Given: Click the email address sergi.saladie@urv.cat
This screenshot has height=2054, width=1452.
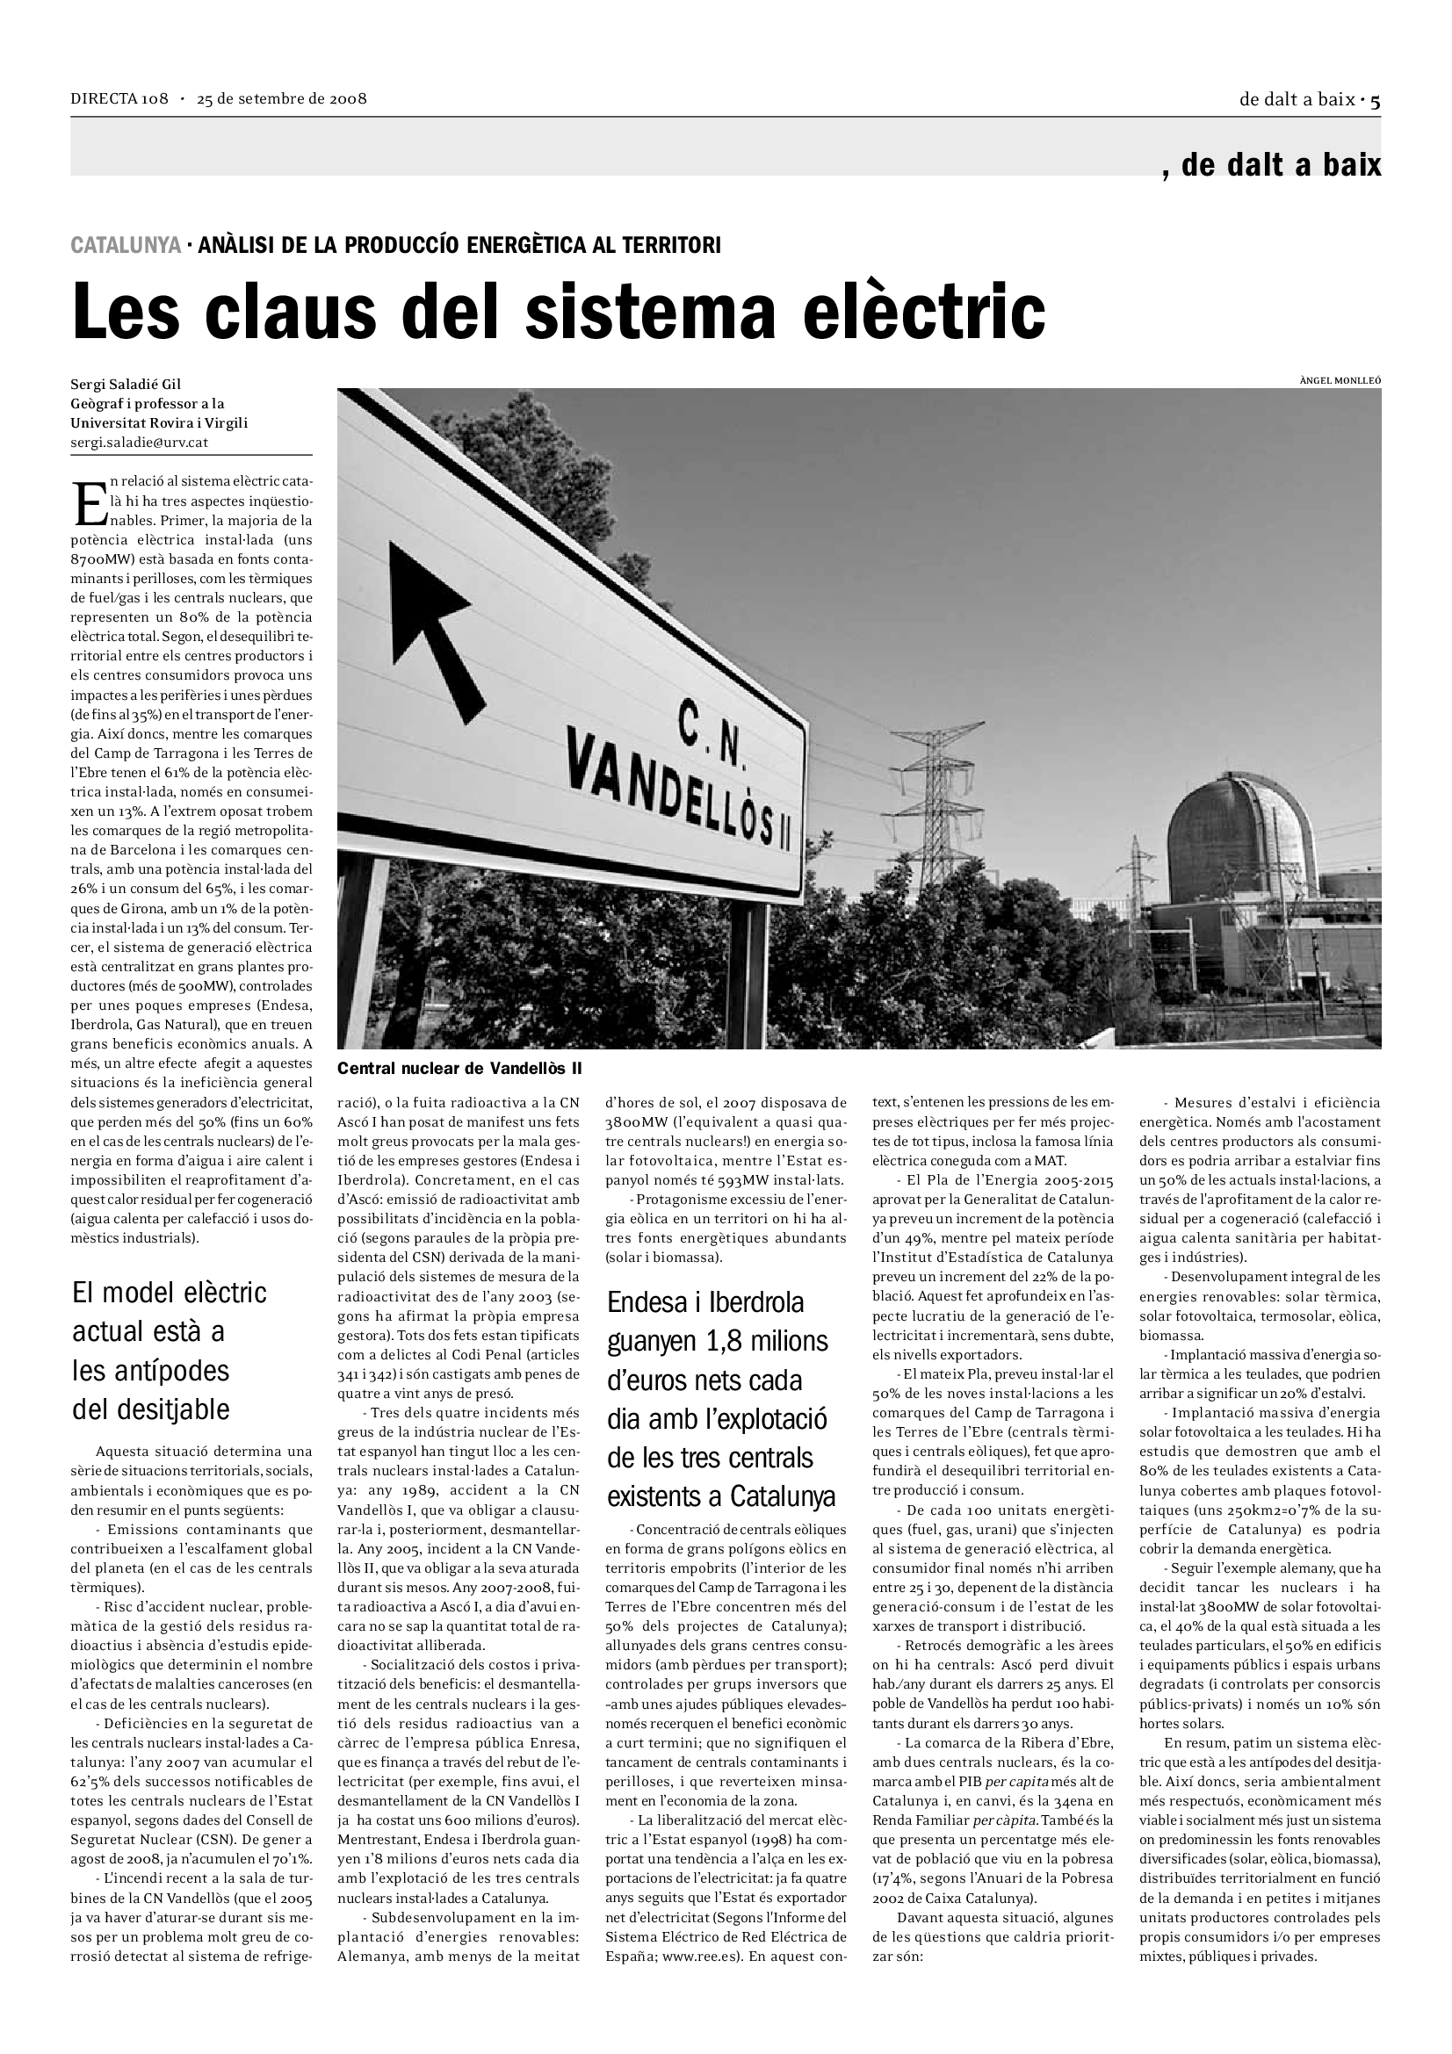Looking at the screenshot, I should click(140, 442).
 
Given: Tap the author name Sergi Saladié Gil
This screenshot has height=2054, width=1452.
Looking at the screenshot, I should click(126, 385).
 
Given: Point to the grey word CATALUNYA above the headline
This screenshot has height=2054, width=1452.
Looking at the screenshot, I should click(126, 245).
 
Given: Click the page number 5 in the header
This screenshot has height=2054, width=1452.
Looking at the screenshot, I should click(1375, 100).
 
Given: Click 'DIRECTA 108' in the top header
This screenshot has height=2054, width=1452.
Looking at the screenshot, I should click(119, 98).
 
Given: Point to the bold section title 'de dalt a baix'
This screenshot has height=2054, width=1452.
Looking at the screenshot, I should click(1280, 164).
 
